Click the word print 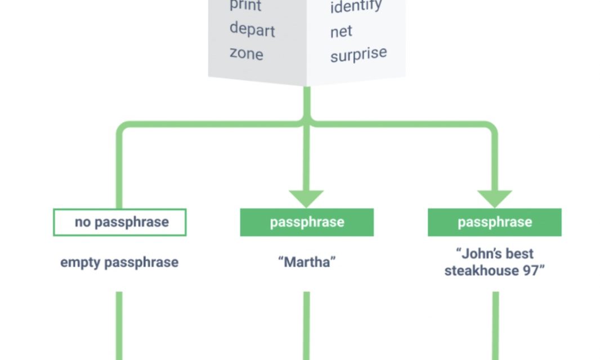click(245, 6)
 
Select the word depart click(252, 29)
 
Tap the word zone click(246, 53)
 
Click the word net click(341, 31)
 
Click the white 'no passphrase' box click(120, 222)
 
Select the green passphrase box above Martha click(307, 222)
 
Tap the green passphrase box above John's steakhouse click(494, 222)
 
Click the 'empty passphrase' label click(119, 262)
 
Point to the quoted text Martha click(307, 262)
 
